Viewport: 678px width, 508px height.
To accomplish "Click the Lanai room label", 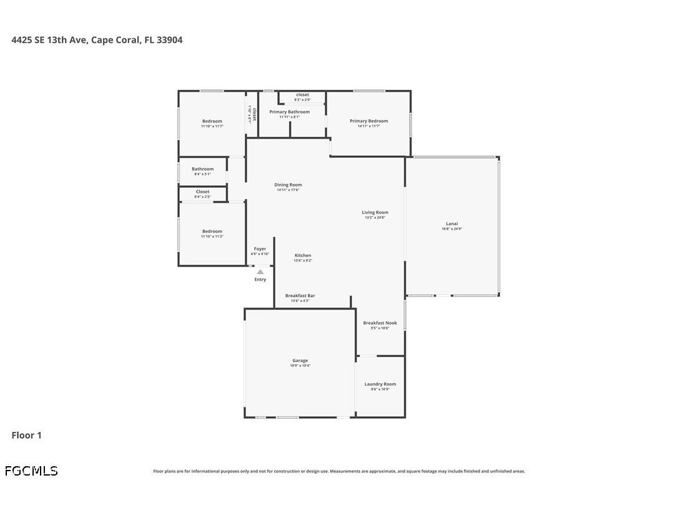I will pos(451,223).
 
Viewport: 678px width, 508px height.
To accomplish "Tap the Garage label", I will pos(300,360).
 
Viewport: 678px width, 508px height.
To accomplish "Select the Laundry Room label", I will pos(380,384).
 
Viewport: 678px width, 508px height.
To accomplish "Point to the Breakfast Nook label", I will pos(380,323).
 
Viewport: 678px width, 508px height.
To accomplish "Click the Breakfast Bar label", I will pos(300,295).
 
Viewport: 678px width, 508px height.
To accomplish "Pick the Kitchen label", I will pos(303,255).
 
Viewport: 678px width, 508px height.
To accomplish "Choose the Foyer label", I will pos(260,248).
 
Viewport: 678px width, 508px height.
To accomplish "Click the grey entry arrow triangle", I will pos(260,271).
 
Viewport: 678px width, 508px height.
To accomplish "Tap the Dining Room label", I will pos(288,185).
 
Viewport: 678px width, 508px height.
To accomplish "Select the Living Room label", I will pos(375,212).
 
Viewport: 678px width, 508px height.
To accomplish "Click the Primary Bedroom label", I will pos(368,121).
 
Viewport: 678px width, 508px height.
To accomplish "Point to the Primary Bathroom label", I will pos(289,112).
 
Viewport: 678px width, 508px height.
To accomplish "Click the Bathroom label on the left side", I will pos(202,169).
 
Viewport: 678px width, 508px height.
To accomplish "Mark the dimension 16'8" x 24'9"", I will pos(451,229).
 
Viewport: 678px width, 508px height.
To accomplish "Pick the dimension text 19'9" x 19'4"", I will pos(300,366).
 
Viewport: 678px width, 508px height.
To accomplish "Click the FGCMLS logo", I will pos(31,471).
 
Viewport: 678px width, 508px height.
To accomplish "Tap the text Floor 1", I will pos(26,435).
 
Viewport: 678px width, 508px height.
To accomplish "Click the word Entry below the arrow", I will pos(260,280).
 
